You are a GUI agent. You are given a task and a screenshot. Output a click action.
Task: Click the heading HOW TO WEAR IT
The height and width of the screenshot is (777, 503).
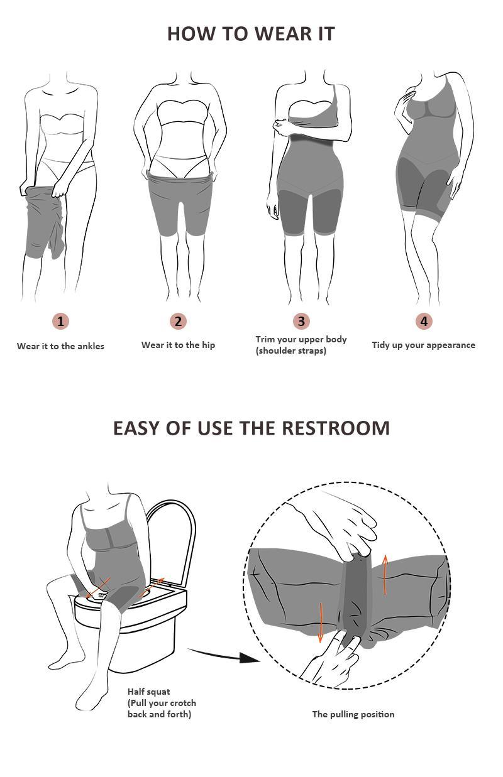point(251,33)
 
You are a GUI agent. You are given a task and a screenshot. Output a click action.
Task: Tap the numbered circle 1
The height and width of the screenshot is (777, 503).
point(60,322)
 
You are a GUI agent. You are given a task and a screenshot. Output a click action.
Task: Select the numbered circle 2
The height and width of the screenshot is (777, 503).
point(178,322)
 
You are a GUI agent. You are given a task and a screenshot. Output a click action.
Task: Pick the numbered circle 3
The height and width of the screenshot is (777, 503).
point(301,322)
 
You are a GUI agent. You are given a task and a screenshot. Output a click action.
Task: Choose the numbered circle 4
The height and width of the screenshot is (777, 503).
point(424,322)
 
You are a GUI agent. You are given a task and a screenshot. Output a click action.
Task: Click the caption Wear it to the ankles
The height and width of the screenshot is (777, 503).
point(60,346)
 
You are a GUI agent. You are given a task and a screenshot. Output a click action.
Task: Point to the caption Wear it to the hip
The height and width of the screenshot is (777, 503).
point(178,345)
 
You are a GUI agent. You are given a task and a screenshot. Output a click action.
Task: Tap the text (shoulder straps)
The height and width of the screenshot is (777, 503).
point(290,350)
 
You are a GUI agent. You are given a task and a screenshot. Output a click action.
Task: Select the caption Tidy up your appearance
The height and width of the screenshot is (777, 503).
point(423,345)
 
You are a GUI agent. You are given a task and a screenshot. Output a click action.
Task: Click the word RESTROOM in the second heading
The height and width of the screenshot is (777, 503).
point(335,428)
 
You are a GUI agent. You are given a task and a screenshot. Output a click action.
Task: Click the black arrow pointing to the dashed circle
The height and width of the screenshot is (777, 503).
point(223,656)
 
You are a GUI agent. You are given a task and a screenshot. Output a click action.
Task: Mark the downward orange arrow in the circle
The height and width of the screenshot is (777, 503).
point(321,622)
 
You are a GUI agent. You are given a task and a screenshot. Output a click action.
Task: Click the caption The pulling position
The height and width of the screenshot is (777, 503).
point(353,714)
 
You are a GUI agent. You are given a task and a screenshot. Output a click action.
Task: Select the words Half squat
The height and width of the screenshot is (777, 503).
point(148,692)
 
